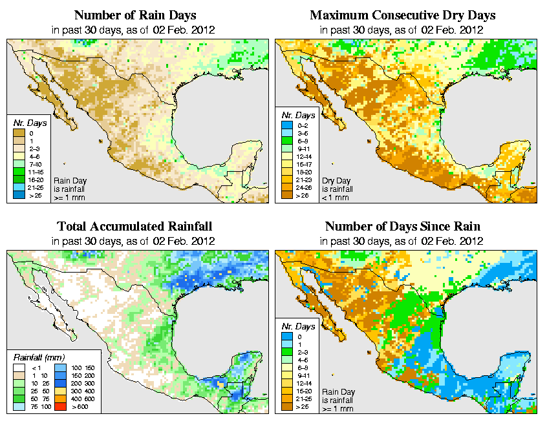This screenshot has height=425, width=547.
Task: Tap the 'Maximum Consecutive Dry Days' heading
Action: point(403,15)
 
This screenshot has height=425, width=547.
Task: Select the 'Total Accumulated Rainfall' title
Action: point(134,226)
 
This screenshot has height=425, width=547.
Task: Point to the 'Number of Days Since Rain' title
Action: point(403,226)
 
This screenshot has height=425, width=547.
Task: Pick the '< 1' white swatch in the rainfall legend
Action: point(20,368)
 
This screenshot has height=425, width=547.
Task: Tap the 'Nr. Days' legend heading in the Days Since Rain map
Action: point(300,327)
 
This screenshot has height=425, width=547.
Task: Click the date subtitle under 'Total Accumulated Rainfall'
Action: point(134,240)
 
